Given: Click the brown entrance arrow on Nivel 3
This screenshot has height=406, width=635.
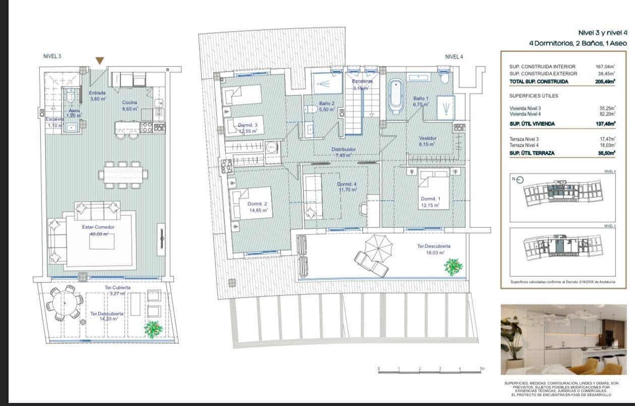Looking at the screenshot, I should [100, 61].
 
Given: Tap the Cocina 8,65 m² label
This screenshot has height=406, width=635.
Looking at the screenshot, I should [130, 105].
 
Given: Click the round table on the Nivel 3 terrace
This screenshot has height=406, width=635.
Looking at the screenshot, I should [65, 303].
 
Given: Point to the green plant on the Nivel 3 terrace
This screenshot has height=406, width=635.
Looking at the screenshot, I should [153, 329].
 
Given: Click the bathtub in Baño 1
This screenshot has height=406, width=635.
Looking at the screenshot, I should [395, 95].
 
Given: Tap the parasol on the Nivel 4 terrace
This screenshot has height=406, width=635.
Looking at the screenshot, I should [378, 247].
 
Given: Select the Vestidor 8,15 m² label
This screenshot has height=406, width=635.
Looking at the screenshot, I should [428, 141].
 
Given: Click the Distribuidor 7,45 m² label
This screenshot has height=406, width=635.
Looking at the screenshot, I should [343, 152].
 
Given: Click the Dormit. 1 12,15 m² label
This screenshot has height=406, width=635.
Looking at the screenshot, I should [430, 202].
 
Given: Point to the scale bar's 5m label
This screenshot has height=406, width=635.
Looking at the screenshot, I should [482, 368].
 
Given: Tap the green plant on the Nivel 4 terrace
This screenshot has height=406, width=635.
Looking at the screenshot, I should [453, 266].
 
